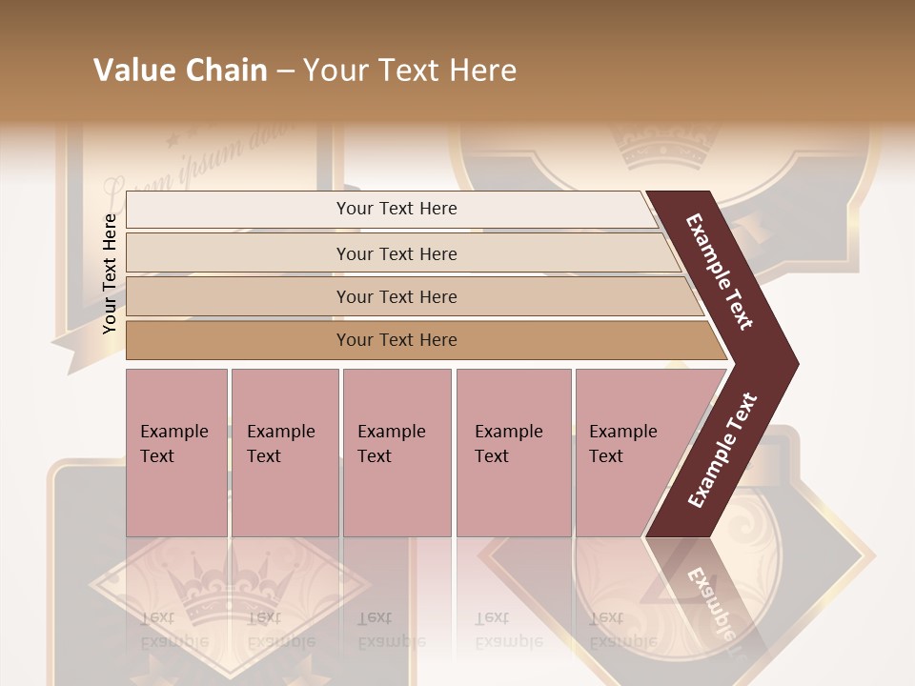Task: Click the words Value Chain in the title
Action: (180, 71)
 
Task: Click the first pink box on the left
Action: (176, 453)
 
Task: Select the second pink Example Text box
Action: (284, 453)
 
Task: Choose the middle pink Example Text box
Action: (396, 453)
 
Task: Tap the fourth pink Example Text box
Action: (514, 453)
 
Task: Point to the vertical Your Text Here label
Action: (111, 273)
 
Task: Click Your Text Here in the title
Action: (410, 71)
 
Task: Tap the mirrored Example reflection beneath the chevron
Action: (711, 605)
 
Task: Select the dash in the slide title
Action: (285, 71)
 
